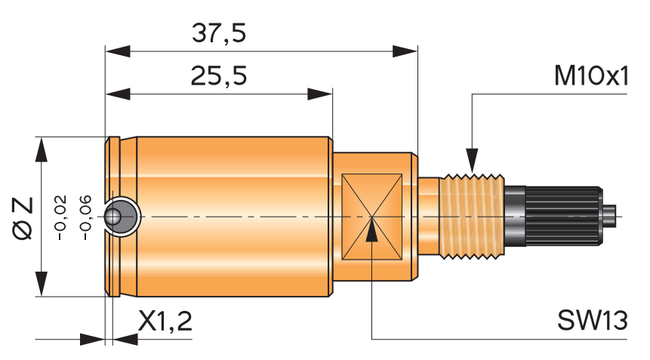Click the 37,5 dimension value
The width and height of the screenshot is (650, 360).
click(x=219, y=34)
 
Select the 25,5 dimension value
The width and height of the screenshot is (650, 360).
click(x=219, y=76)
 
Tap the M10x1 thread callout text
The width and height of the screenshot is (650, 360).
click(x=590, y=76)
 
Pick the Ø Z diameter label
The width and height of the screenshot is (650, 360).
click(x=23, y=217)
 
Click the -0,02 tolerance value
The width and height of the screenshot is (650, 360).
click(x=62, y=217)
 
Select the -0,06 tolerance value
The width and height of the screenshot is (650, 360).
click(x=85, y=217)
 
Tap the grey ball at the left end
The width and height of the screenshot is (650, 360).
click(x=116, y=217)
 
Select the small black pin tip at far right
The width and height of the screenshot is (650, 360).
click(x=611, y=217)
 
